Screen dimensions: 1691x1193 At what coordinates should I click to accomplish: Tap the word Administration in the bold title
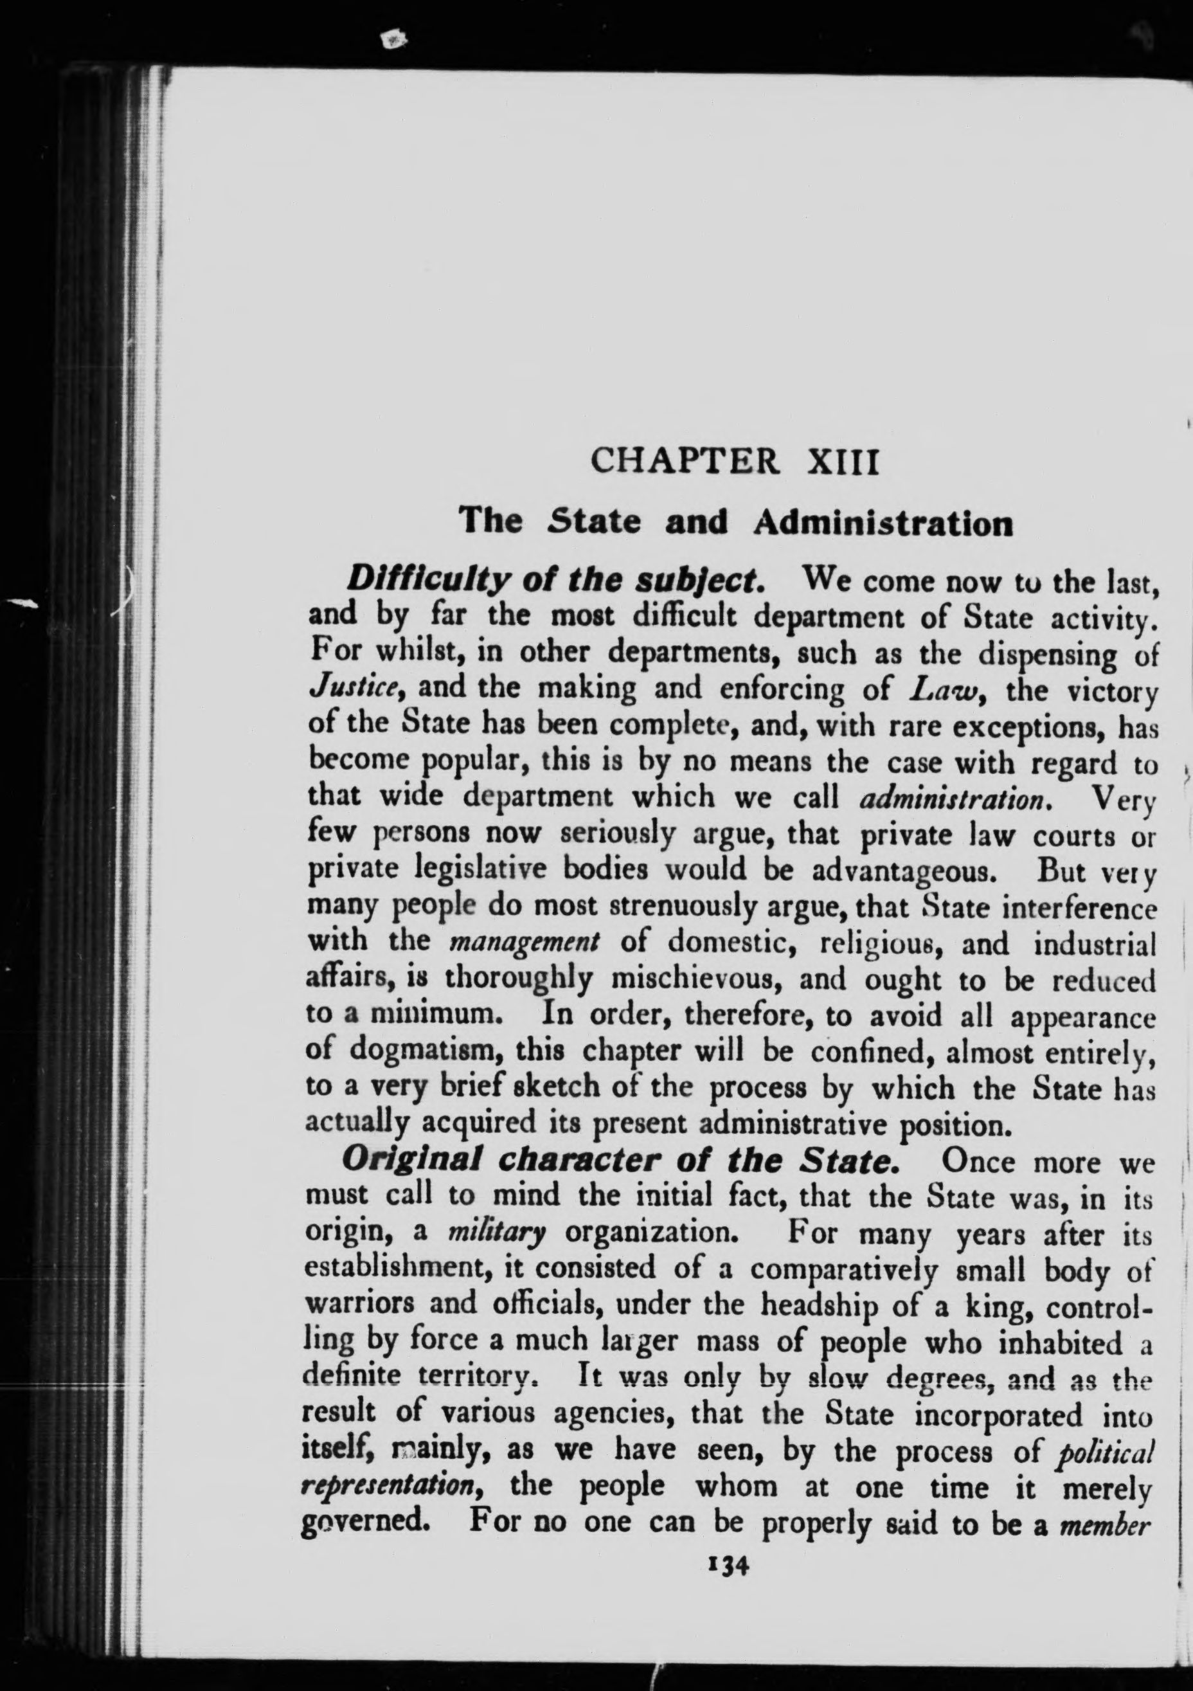pyautogui.click(x=884, y=523)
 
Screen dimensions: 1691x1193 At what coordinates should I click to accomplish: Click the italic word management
pyautogui.click(x=525, y=943)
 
